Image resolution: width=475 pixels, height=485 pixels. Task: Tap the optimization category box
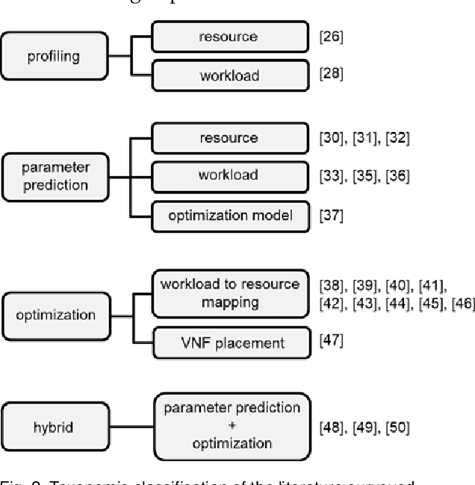click(x=55, y=315)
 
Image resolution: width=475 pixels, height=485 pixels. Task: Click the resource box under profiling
click(x=229, y=35)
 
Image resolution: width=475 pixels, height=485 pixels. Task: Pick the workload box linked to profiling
click(x=229, y=76)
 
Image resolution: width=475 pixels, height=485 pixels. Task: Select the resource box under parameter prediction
click(x=229, y=138)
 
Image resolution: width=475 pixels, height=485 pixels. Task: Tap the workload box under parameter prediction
click(x=229, y=176)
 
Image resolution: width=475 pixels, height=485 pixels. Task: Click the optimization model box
click(x=229, y=216)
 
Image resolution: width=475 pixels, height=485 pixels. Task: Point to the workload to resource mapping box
click(x=229, y=294)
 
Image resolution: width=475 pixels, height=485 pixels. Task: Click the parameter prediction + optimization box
click(x=232, y=426)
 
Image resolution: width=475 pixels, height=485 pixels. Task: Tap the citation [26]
click(x=331, y=36)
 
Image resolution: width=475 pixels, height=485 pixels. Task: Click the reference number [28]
click(x=331, y=76)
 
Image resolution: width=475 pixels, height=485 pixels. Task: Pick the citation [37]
click(x=331, y=216)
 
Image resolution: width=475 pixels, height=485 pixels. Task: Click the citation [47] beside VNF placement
click(x=331, y=341)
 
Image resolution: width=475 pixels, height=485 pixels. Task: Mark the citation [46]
click(x=459, y=302)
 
